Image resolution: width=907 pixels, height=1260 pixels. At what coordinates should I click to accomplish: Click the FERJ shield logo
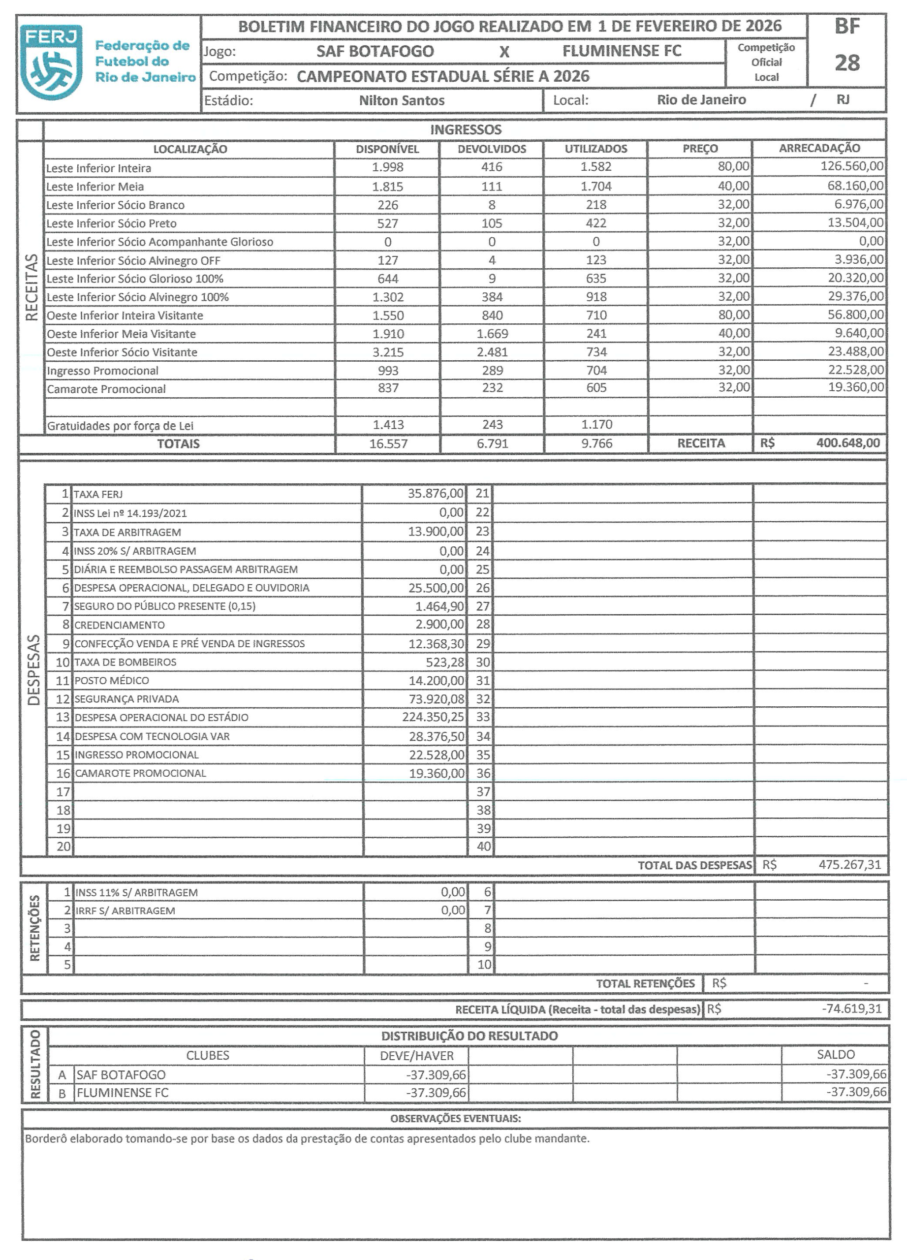click(51, 62)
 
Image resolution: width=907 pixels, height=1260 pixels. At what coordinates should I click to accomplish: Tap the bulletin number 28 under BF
click(846, 63)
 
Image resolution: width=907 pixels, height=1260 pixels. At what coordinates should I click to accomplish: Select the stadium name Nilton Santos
click(402, 100)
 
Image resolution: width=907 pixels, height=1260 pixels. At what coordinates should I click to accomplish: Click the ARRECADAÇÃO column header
click(819, 148)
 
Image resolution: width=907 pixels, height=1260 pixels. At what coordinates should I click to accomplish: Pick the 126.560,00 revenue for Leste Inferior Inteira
click(851, 166)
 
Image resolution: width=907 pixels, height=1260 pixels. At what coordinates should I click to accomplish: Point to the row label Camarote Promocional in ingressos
click(106, 389)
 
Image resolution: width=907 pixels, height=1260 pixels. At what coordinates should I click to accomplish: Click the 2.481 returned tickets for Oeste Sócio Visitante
click(492, 351)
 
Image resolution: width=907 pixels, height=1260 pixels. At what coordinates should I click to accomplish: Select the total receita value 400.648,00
click(847, 443)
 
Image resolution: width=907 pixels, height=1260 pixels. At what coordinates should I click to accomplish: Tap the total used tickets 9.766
click(596, 443)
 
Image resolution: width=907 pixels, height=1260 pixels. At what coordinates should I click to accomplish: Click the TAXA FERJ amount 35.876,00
click(436, 493)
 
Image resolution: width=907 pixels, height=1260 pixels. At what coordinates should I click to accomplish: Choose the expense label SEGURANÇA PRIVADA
click(126, 699)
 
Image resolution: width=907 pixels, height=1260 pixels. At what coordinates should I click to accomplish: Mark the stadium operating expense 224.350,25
click(433, 717)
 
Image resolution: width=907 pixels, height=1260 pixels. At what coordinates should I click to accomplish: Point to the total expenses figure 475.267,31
click(849, 865)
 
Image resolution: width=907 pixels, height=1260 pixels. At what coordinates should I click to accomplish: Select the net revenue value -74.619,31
click(851, 1009)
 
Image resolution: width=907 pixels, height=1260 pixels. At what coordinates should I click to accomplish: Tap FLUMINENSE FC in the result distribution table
click(123, 1093)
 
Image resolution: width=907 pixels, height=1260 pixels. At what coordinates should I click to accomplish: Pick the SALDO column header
click(835, 1054)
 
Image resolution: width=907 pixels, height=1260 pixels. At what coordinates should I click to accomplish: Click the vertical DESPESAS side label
click(33, 669)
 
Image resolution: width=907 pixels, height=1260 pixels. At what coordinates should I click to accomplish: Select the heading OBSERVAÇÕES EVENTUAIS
click(455, 1118)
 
